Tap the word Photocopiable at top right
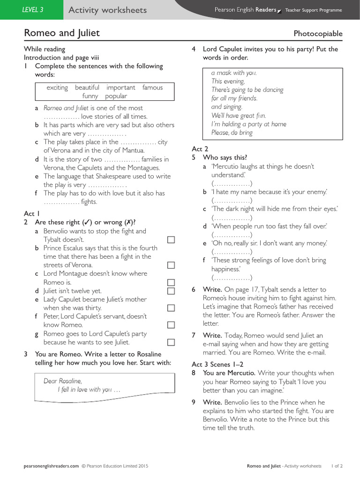coord(318,34)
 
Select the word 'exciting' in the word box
coord(57,88)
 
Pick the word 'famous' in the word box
coord(152,88)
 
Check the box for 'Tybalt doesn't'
coord(171,240)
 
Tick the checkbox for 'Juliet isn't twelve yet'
coord(171,291)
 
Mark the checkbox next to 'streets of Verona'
coord(171,265)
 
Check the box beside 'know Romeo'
coord(171,325)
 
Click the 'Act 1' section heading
coord(32,214)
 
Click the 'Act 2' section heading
coord(200,149)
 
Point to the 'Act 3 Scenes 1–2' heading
coord(217,364)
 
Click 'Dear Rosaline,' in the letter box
coord(62,381)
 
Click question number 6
coord(194,290)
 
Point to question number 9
coord(194,402)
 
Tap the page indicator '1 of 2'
coord(337,466)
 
